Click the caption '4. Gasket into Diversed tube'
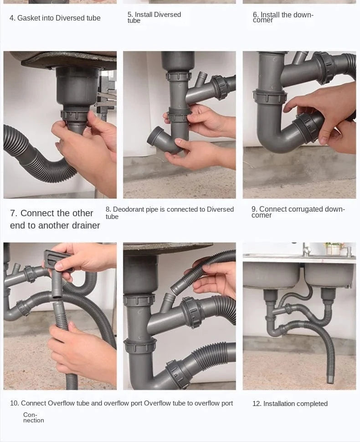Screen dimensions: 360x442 pos(55,18)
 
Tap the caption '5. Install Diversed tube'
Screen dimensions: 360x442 pos(154,17)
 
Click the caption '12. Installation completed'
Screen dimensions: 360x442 pos(290,404)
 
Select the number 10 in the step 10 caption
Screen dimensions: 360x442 pos(14,403)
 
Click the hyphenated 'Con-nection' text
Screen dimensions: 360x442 pos(34,417)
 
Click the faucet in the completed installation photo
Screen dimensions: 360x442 pos(306,249)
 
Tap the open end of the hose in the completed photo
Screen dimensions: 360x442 pos(330,380)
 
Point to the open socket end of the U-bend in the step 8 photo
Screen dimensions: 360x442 pos(155,136)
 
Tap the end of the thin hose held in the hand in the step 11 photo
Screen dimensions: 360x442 pos(175,289)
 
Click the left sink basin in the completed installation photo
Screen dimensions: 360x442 pos(272,275)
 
